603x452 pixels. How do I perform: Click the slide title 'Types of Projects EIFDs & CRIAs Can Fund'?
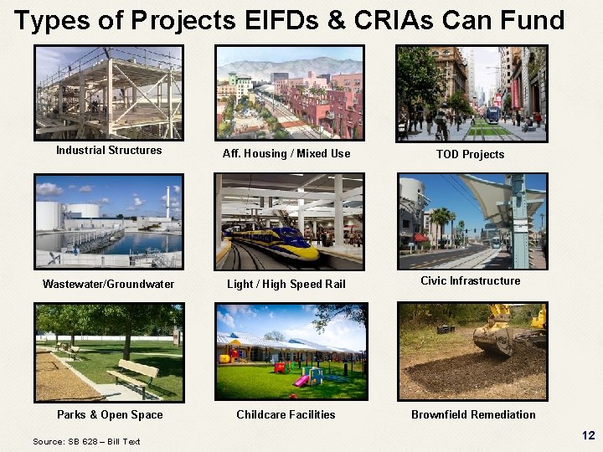coord(289,20)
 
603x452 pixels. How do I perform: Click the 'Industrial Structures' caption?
coord(109,151)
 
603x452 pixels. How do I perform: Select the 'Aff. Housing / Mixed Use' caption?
coord(286,154)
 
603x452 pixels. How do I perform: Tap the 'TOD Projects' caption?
coord(470,154)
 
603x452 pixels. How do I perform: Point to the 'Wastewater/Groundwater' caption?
coord(109,284)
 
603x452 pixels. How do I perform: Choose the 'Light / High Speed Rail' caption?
coord(286,284)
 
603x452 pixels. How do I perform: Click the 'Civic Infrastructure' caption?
coord(470,280)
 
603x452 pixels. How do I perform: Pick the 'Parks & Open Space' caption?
coord(110,414)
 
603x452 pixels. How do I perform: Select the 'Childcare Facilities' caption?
coord(286,414)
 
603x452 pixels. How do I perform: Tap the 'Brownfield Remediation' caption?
coord(473,414)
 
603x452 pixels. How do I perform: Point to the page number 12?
coord(588,435)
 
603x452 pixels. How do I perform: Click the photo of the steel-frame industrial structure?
coord(109,92)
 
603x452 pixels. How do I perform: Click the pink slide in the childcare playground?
coord(301,380)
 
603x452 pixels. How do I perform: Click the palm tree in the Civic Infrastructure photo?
coord(439,222)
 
